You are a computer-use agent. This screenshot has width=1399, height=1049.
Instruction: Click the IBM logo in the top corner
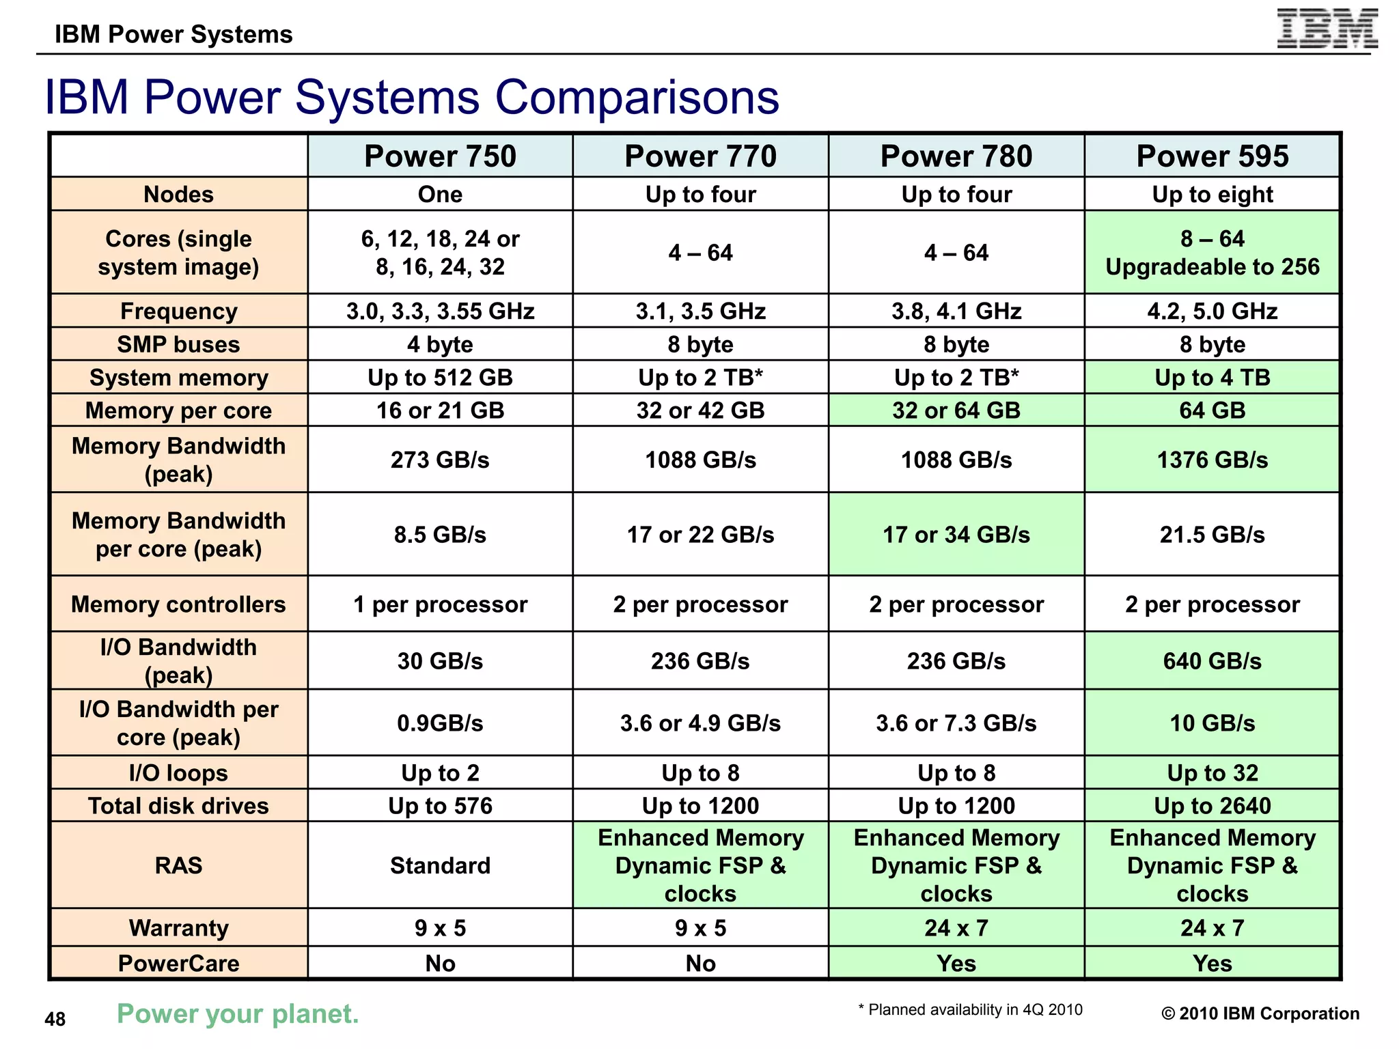pos(1327,29)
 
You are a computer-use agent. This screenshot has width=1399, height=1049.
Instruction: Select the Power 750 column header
pos(440,156)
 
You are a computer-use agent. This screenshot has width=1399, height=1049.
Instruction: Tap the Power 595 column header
pos(1212,156)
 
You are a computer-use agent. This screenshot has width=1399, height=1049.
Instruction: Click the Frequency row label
pos(178,311)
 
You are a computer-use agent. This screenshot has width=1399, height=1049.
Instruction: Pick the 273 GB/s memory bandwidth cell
pos(440,460)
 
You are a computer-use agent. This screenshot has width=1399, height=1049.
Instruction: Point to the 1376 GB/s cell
pos(1212,460)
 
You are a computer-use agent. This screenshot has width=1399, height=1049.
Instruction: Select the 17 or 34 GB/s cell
pos(956,535)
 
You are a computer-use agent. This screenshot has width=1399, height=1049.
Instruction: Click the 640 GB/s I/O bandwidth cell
pos(1212,661)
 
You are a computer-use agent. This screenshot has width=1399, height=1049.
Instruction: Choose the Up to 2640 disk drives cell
pos(1212,806)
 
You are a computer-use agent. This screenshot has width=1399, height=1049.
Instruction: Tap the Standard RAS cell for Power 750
pos(440,865)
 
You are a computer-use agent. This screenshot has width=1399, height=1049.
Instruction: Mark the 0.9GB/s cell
pos(440,723)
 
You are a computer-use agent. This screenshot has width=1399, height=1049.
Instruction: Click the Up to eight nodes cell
pos(1212,195)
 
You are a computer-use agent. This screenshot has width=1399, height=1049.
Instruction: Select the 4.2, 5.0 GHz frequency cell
pos(1212,311)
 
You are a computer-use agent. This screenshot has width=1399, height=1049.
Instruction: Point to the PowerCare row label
pos(178,963)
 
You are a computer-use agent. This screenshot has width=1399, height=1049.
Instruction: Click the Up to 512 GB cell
pos(440,378)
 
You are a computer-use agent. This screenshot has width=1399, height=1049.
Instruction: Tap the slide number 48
pos(55,1019)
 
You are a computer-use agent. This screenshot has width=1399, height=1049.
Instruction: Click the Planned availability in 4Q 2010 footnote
pos(970,1009)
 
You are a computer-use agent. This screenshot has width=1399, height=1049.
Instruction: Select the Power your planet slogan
pos(238,1013)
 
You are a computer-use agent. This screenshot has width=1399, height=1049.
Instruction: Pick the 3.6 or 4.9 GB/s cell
pos(700,723)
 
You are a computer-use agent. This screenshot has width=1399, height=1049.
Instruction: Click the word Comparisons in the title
pos(637,97)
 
